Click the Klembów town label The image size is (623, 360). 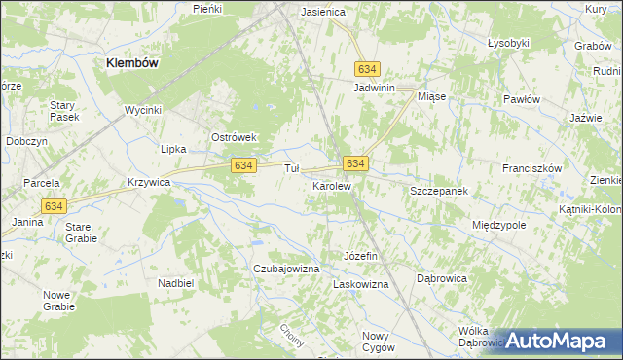pyautogui.click(x=132, y=61)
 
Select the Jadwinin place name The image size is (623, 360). pyautogui.click(x=373, y=87)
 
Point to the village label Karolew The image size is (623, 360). pyautogui.click(x=331, y=185)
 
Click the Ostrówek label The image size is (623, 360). pyautogui.click(x=234, y=137)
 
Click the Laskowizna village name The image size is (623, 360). pyautogui.click(x=361, y=284)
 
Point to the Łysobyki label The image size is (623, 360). pyautogui.click(x=507, y=43)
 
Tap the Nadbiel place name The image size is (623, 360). pyautogui.click(x=176, y=282)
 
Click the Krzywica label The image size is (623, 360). pyautogui.click(x=149, y=182)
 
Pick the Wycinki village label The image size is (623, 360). pyautogui.click(x=142, y=110)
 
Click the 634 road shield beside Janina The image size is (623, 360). pyautogui.click(x=55, y=205)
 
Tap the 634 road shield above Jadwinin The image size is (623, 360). pyautogui.click(x=367, y=69)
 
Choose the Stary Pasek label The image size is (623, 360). pyautogui.click(x=63, y=110)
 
